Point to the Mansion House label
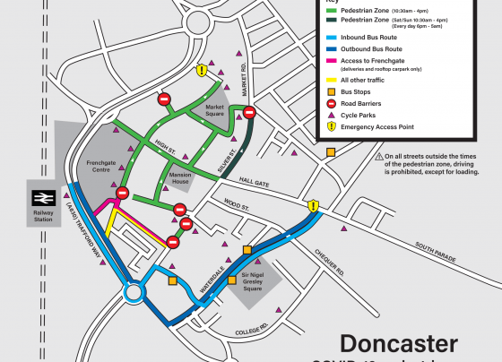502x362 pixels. [175, 178]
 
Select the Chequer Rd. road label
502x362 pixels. [334, 255]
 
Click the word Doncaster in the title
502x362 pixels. [398, 344]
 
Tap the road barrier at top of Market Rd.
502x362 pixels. [250, 112]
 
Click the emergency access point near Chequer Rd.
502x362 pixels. [313, 207]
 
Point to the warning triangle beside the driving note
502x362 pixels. [380, 158]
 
